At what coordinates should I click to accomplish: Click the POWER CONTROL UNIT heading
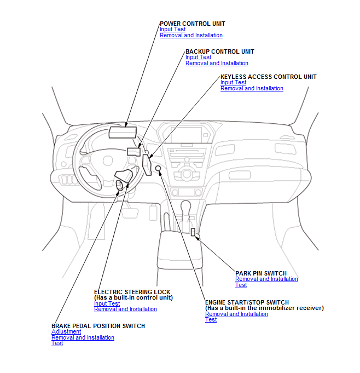pyautogui.click(x=192, y=24)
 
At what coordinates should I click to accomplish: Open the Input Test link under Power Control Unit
pyautogui.click(x=172, y=30)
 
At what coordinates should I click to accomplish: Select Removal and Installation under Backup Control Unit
pyautogui.click(x=217, y=63)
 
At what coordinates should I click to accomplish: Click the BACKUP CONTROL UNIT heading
pyautogui.click(x=219, y=51)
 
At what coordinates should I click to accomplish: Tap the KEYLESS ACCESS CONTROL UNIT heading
pyautogui.click(x=268, y=77)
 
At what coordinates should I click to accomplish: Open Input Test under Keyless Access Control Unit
pyautogui.click(x=233, y=83)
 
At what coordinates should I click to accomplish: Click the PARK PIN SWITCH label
pyautogui.click(x=260, y=273)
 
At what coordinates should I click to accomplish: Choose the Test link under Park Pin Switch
pyautogui.click(x=241, y=285)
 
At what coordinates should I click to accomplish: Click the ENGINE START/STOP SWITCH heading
pyautogui.click(x=247, y=302)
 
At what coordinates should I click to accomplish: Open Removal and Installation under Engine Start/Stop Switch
pyautogui.click(x=236, y=314)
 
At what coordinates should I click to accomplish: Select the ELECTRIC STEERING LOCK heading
pyautogui.click(x=132, y=292)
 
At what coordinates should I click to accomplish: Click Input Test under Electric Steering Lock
pyautogui.click(x=107, y=303)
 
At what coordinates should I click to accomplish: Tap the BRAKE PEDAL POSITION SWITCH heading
pyautogui.click(x=98, y=326)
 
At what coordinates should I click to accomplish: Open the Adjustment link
pyautogui.click(x=66, y=332)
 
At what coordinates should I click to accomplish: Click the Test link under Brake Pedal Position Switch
pyautogui.click(x=57, y=343)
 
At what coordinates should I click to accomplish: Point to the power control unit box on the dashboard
pyautogui.click(x=123, y=131)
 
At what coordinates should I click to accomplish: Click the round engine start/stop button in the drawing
pyautogui.click(x=158, y=168)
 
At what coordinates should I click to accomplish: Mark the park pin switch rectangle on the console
pyautogui.click(x=193, y=232)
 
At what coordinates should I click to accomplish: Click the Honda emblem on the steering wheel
pyautogui.click(x=108, y=162)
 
